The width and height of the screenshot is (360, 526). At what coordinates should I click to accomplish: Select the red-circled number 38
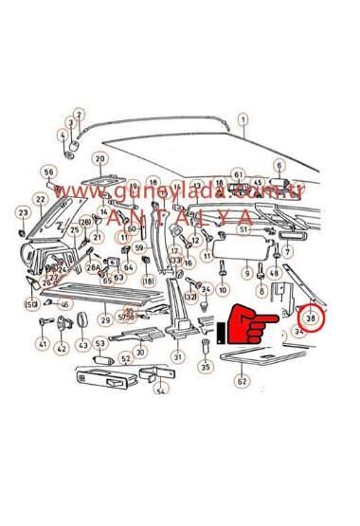(x=311, y=319)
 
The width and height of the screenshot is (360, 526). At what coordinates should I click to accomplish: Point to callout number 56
(x=49, y=172)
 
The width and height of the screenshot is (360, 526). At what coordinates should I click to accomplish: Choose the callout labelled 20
(x=99, y=158)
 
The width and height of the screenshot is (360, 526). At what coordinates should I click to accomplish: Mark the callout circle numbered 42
(x=62, y=349)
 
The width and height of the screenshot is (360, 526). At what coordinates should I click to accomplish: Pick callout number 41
(x=42, y=345)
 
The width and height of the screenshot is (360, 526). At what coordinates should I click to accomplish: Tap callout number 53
(x=100, y=342)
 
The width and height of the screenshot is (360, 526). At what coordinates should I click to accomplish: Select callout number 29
(x=106, y=320)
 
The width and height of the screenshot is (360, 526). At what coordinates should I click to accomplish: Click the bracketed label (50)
(x=30, y=303)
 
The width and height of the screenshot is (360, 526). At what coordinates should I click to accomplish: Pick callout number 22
(x=40, y=199)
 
